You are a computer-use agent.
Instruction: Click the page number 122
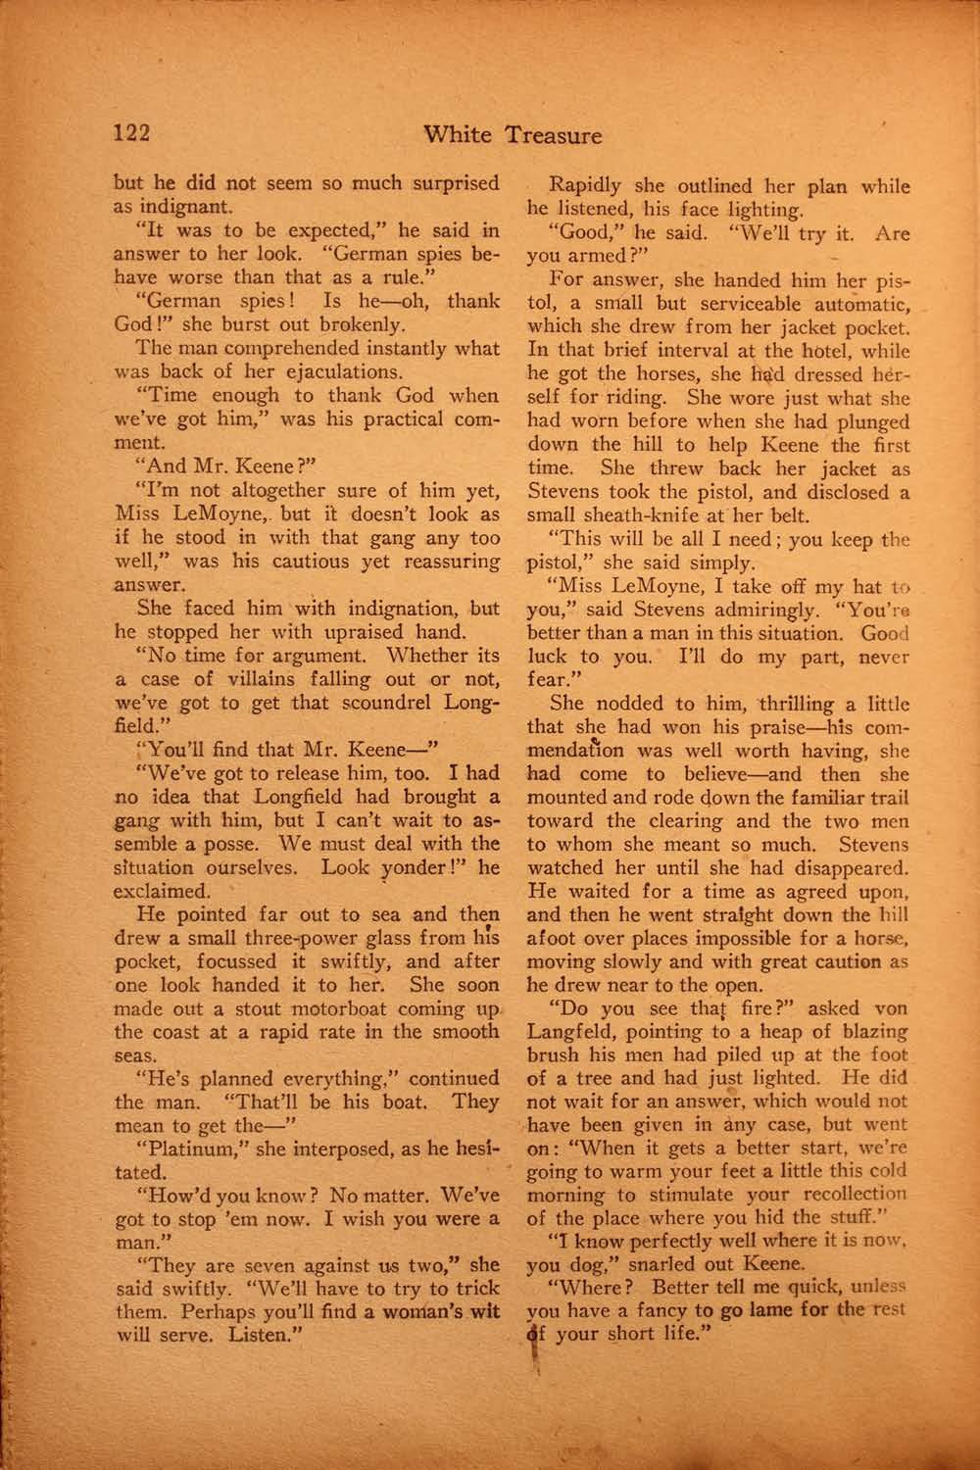[131, 134]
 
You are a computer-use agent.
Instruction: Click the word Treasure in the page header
[554, 135]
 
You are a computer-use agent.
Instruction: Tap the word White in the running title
[461, 135]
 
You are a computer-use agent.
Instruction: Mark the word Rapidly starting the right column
[585, 186]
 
